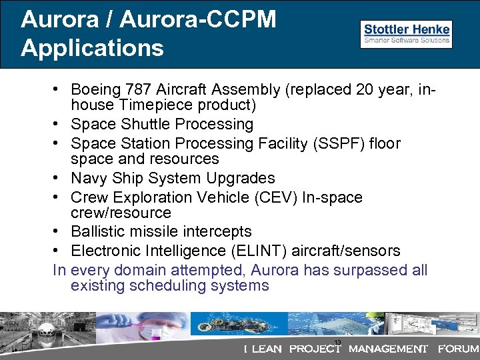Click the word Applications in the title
click(x=92, y=48)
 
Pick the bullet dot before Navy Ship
click(x=59, y=178)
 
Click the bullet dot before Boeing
click(x=59, y=89)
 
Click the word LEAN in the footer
click(x=267, y=349)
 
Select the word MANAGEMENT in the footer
click(x=388, y=349)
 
